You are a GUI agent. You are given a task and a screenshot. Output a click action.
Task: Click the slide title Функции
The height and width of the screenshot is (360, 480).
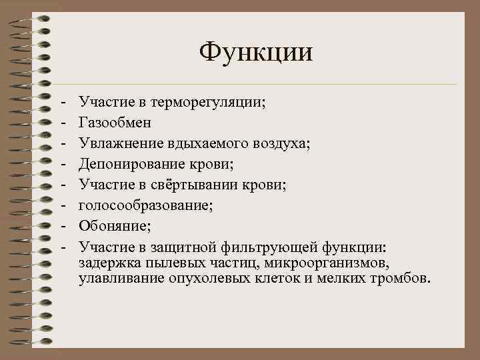coord(256,51)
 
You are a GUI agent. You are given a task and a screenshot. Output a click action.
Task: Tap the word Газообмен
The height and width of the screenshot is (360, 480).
coord(115,123)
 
